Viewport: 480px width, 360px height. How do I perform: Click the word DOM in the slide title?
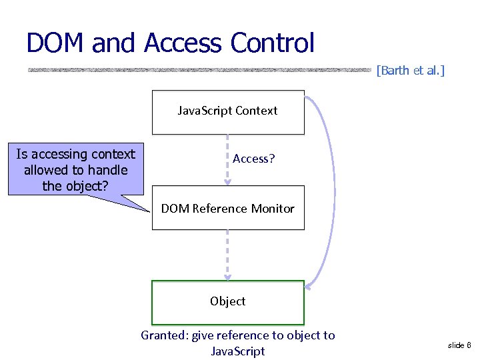[x=56, y=43]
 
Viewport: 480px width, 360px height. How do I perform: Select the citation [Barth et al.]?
[x=410, y=69]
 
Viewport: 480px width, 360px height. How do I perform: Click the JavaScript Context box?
[x=228, y=112]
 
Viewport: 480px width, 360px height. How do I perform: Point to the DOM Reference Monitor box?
[x=228, y=209]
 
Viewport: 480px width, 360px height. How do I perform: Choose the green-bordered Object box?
[x=228, y=302]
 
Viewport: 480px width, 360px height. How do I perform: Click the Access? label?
[x=254, y=159]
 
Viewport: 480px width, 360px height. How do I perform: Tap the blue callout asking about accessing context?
[x=75, y=170]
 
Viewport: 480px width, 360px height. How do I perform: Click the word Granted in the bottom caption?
[x=164, y=335]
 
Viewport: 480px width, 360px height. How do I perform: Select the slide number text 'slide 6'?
[x=459, y=345]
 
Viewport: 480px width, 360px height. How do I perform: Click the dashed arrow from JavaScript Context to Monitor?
[x=227, y=160]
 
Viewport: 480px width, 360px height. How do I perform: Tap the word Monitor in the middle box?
[x=271, y=209]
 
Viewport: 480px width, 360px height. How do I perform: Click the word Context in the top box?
[x=255, y=111]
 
